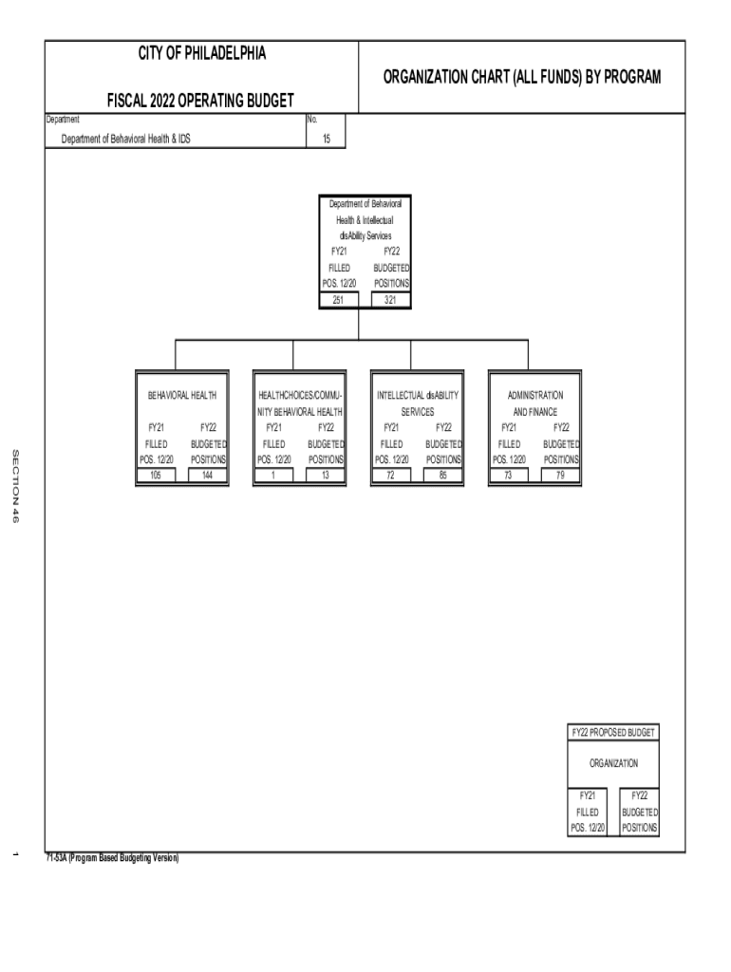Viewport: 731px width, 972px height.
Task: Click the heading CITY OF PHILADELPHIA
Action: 201,53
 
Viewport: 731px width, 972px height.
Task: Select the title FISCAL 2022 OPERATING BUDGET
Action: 201,100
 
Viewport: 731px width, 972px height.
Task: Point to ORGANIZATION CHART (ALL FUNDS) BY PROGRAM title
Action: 521,76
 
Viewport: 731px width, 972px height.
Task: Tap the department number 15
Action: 326,139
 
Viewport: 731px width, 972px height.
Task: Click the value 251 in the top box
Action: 339,300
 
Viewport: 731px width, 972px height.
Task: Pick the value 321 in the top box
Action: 390,300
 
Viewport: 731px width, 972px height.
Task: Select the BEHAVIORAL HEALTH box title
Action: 182,395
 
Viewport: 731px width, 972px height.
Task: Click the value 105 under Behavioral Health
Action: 156,476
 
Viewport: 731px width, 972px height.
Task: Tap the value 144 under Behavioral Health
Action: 208,476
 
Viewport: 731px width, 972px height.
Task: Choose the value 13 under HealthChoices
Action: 325,476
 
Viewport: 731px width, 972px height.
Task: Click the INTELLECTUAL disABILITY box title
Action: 417,395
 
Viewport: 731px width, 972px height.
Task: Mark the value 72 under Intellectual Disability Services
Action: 390,476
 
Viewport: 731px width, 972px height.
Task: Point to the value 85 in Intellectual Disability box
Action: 442,476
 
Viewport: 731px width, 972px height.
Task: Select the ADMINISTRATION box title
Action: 534,395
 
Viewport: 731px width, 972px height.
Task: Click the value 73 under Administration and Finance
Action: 508,476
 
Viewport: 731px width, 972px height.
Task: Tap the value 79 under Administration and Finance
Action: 560,476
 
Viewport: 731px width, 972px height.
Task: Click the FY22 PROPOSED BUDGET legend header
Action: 612,733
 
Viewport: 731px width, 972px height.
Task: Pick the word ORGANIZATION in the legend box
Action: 612,763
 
